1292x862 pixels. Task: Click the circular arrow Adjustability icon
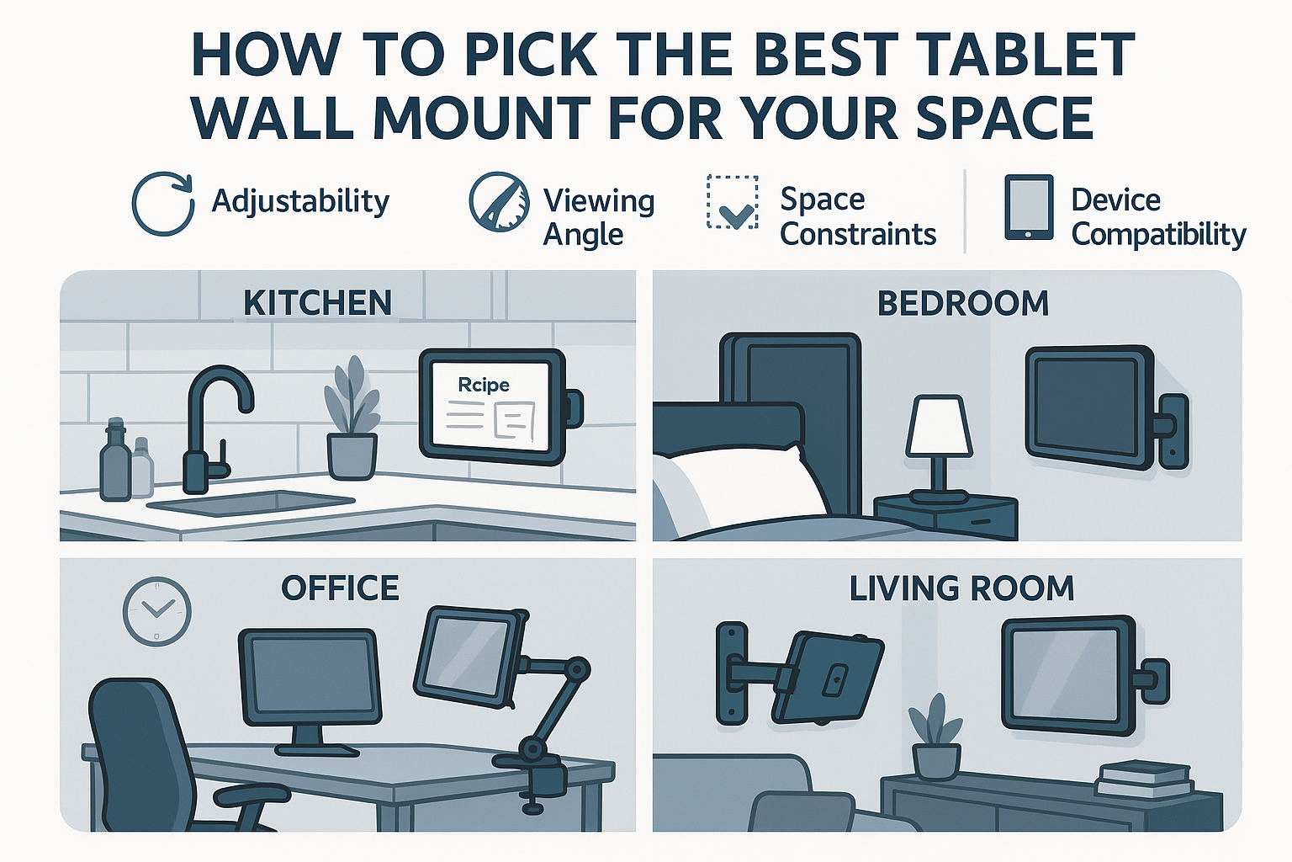(x=162, y=204)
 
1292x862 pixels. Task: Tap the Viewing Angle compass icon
(x=499, y=203)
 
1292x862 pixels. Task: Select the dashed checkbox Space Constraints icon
(x=732, y=203)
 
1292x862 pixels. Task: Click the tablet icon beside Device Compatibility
(x=1028, y=207)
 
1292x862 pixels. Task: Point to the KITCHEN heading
(x=317, y=303)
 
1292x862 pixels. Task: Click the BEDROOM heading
(x=963, y=303)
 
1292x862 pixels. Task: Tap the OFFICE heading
(x=340, y=588)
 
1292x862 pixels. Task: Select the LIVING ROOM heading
(x=961, y=588)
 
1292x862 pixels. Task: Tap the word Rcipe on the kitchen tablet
(x=484, y=385)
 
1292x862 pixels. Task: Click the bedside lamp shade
(x=939, y=427)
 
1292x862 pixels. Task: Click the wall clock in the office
(x=157, y=611)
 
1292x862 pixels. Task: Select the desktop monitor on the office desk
(x=310, y=678)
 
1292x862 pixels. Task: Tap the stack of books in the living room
(x=1145, y=778)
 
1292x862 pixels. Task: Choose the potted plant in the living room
(x=935, y=741)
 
